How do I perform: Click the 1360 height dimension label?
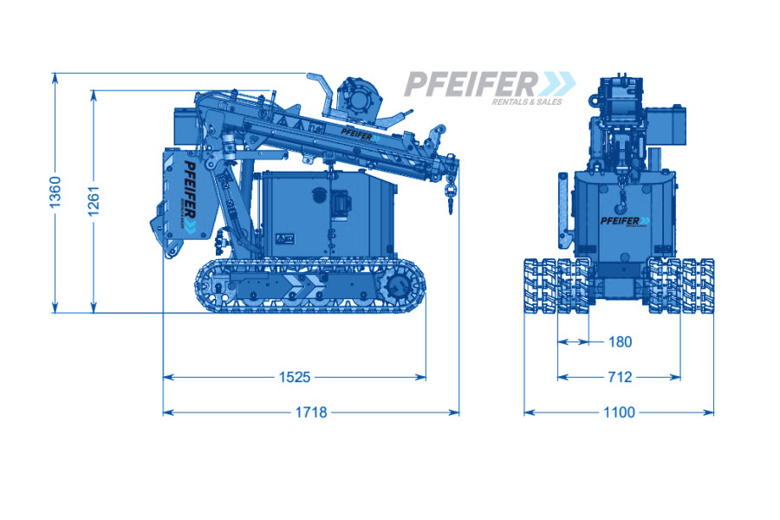[55, 192]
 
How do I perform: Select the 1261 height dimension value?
[94, 201]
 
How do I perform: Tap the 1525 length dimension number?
[295, 377]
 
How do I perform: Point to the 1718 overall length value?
[311, 413]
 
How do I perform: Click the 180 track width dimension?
[620, 341]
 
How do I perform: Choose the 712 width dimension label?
[620, 377]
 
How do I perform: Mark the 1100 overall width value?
[620, 413]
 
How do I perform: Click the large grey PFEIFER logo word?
[471, 83]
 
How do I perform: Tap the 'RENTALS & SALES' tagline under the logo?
[527, 101]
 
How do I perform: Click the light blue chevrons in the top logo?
[557, 83]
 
